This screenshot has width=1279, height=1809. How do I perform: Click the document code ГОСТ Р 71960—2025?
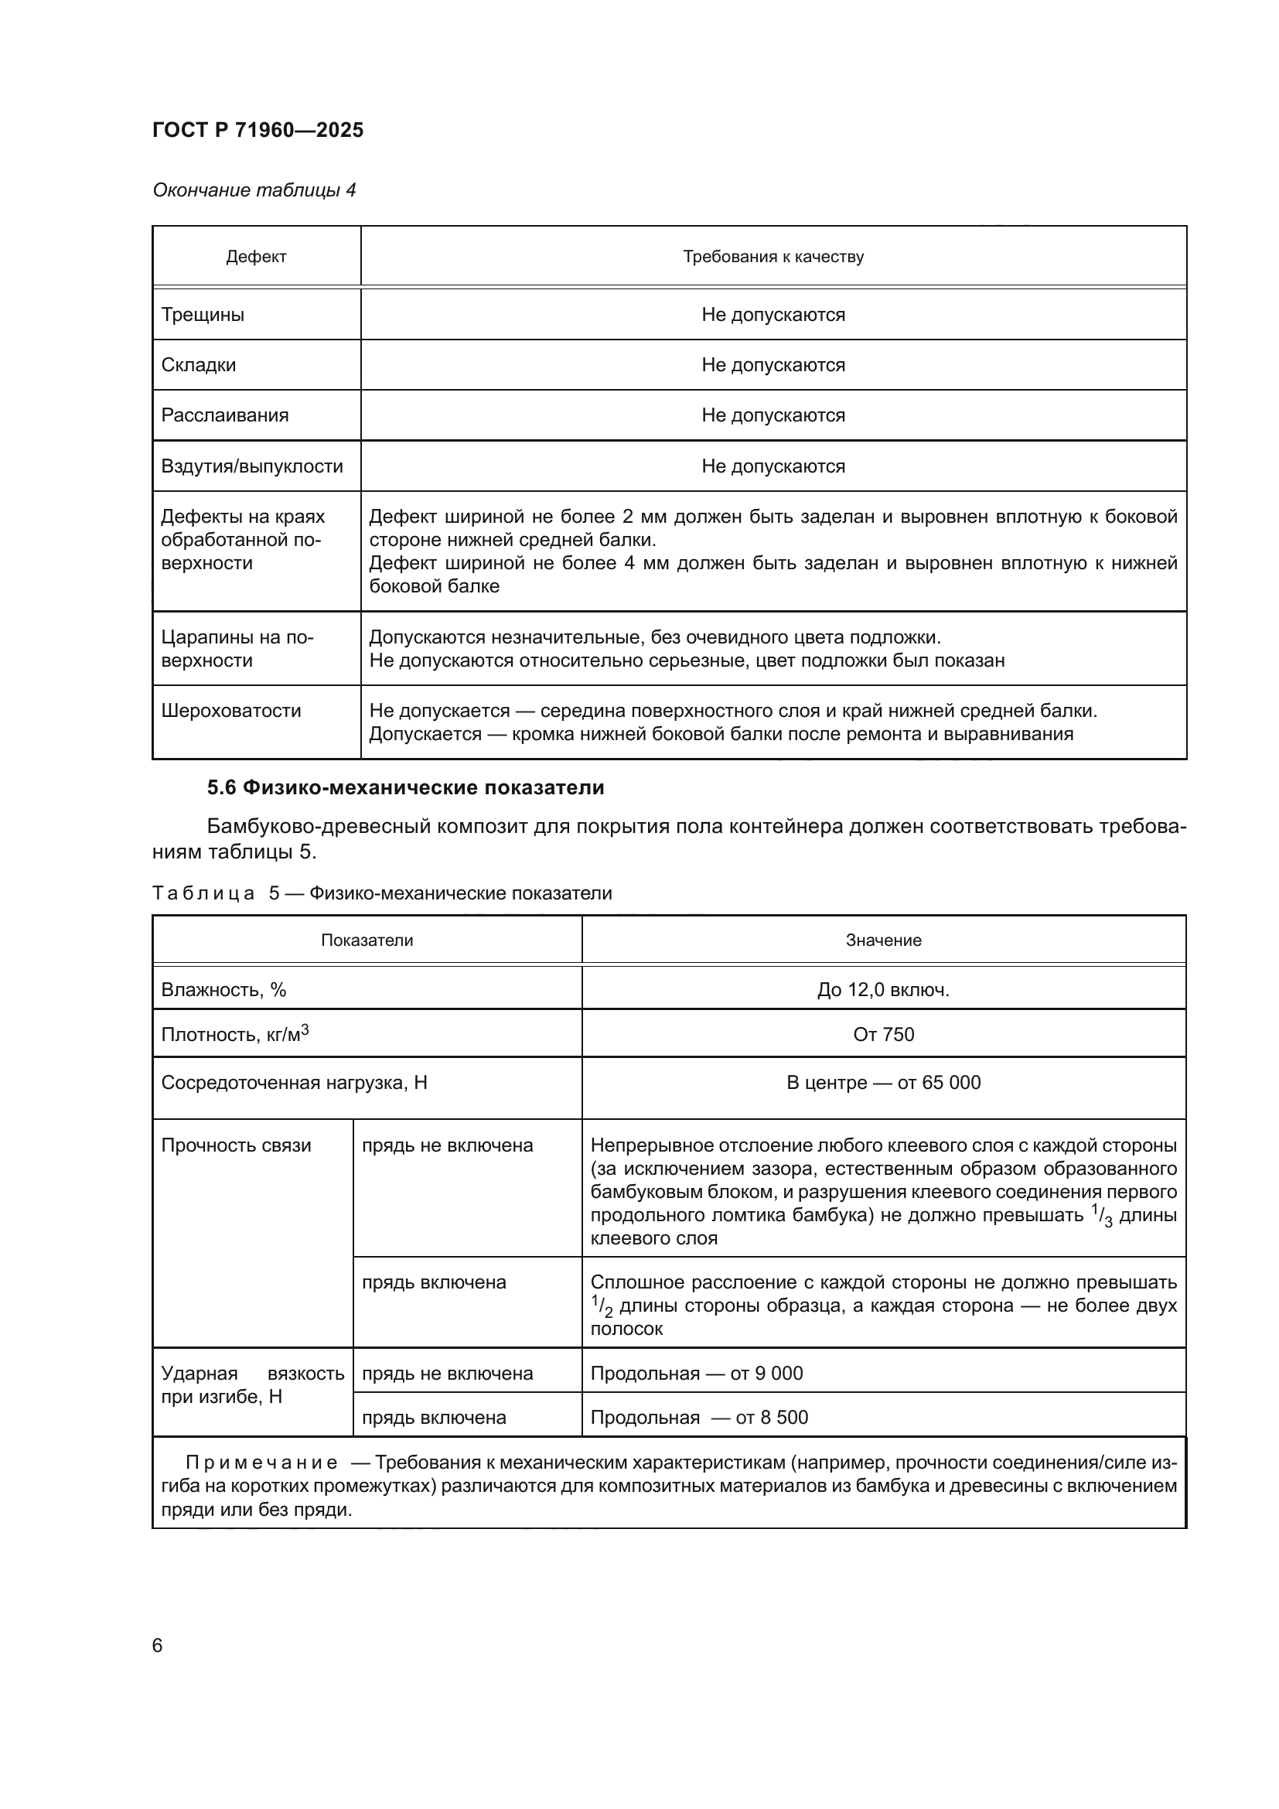pos(258,130)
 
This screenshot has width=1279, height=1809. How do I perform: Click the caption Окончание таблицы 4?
pos(254,190)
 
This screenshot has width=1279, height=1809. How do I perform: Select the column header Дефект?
pos(256,257)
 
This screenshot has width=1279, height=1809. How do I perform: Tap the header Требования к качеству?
pos(773,257)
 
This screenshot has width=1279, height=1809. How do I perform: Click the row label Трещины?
pos(203,315)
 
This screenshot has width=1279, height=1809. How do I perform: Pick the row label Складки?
pos(199,366)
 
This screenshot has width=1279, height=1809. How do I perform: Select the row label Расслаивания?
pos(224,415)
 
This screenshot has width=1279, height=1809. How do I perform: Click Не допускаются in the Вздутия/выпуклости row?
pos(773,466)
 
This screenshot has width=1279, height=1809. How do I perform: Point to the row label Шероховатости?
pos(230,711)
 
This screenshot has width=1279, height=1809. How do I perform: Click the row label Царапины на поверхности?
pos(237,648)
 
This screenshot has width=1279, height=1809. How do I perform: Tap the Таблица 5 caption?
pos(381,893)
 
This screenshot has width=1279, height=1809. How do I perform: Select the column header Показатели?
pos(367,940)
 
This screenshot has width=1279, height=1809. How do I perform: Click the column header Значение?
pos(883,940)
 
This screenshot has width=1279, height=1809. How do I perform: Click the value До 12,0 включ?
pos(883,990)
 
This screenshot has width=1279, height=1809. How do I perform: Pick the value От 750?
pos(883,1035)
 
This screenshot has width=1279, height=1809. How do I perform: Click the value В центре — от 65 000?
pos(883,1083)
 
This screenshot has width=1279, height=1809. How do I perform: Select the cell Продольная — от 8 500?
pos(698,1418)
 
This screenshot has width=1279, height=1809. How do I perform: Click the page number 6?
pos(158,1646)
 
